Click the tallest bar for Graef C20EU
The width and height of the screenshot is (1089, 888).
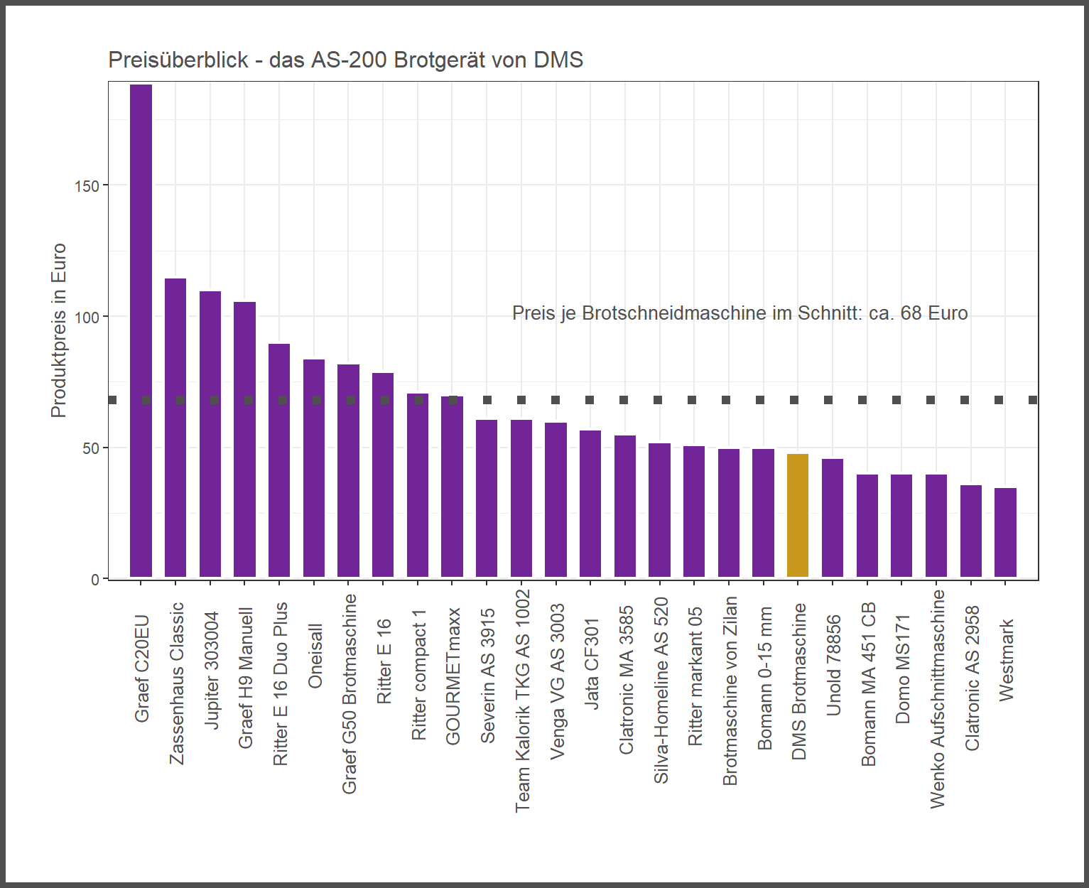click(141, 330)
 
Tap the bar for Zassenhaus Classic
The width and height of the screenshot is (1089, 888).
click(175, 428)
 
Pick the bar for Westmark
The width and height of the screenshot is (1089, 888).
click(1005, 532)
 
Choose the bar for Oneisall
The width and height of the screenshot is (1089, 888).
click(314, 468)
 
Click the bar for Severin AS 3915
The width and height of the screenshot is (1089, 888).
click(487, 498)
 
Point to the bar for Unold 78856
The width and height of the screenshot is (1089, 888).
click(833, 518)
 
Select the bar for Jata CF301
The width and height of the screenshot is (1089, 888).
click(590, 504)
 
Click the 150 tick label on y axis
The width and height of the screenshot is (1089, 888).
click(87, 186)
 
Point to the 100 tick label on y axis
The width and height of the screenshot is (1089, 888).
click(87, 318)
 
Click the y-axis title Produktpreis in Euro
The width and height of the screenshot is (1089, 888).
click(58, 330)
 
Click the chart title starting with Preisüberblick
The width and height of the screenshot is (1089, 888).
click(345, 60)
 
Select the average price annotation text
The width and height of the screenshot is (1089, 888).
click(739, 313)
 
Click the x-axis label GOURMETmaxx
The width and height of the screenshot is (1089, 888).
click(453, 676)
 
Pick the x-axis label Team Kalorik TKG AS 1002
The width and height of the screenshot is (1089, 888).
click(522, 700)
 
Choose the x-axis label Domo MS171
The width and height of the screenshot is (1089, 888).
click(902, 669)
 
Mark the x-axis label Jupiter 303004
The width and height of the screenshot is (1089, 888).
click(212, 670)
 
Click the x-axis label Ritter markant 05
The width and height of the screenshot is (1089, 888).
click(695, 676)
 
